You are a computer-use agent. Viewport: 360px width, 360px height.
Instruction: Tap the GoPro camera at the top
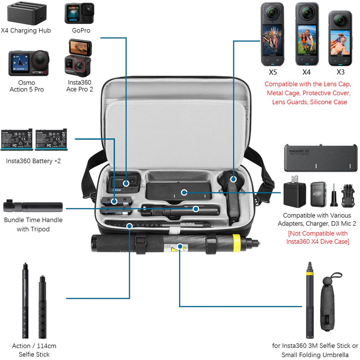[x=79, y=13]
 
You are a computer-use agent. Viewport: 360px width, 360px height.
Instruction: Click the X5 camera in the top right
[x=273, y=33]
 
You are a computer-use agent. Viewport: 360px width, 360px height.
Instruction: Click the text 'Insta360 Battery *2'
[x=33, y=161]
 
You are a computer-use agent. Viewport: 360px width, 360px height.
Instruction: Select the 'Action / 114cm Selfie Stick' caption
[x=33, y=350]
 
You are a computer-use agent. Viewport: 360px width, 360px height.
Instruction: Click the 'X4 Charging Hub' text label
[x=26, y=30]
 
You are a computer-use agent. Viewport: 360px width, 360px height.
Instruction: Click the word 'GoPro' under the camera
[x=80, y=30]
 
